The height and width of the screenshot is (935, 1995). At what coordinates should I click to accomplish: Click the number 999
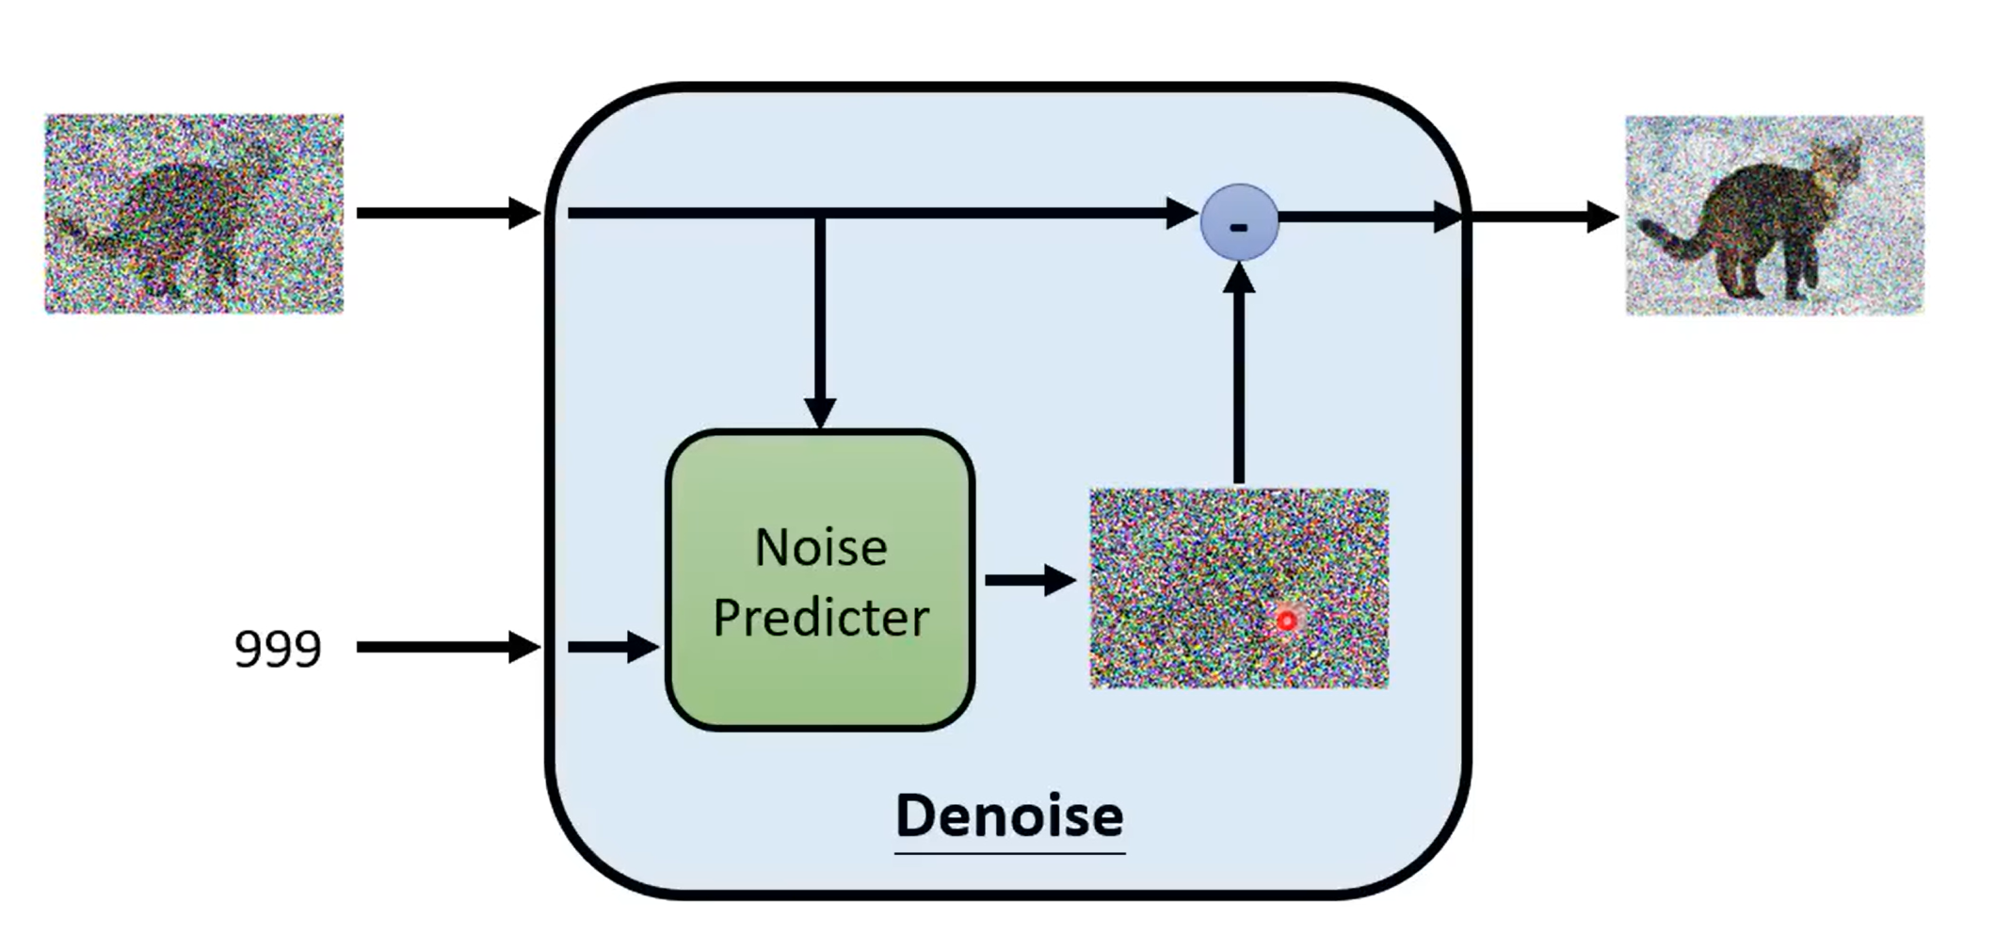[x=278, y=649]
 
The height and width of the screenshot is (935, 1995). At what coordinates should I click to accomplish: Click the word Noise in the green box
[x=821, y=547]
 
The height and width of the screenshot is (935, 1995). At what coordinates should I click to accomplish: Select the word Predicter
[x=821, y=618]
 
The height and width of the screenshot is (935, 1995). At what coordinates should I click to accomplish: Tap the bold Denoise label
[x=1009, y=815]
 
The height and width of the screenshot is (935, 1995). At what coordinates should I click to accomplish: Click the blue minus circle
[x=1239, y=222]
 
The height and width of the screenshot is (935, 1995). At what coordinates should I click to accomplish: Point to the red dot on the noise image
[x=1286, y=621]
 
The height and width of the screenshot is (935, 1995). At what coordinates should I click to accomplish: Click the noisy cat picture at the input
[x=194, y=214]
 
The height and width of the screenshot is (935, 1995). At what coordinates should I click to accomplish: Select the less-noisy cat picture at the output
[x=1774, y=215]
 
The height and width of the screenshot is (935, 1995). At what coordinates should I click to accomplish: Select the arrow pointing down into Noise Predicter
[x=820, y=320]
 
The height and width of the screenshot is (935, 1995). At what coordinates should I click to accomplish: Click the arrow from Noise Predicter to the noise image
[x=1030, y=580]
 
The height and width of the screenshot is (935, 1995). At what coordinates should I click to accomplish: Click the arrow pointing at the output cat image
[x=1544, y=217]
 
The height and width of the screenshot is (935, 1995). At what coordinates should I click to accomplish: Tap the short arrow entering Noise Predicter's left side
[x=612, y=647]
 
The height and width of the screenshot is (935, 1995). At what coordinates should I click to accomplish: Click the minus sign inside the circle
[x=1239, y=227]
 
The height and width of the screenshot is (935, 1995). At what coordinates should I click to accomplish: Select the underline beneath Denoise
[x=1009, y=853]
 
